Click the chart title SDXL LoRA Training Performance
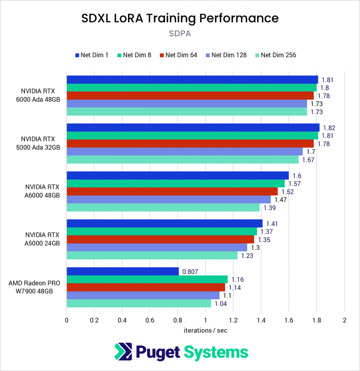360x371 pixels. click(x=180, y=18)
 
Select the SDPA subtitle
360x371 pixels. click(x=180, y=33)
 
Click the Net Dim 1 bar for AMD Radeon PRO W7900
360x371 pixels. click(x=123, y=271)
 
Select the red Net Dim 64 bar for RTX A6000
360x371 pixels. click(x=172, y=191)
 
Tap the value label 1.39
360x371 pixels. click(x=270, y=208)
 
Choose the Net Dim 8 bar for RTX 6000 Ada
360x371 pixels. click(x=191, y=88)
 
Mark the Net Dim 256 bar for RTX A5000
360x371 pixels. click(x=152, y=255)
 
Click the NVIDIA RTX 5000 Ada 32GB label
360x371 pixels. click(x=40, y=143)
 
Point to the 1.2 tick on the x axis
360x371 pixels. click(x=233, y=320)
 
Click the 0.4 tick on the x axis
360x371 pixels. click(x=122, y=320)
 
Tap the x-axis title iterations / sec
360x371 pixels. click(x=205, y=330)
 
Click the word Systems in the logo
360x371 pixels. click(x=216, y=352)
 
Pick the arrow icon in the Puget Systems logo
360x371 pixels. click(x=123, y=352)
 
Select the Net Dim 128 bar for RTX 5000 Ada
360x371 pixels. click(x=185, y=151)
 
